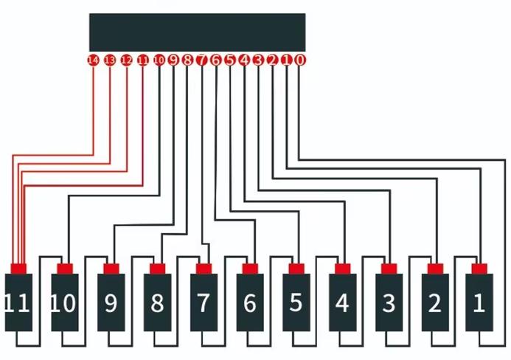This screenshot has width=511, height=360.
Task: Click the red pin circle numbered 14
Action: (94, 60)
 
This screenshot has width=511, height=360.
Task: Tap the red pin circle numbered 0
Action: (299, 60)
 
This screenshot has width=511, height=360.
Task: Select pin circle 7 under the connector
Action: (201, 60)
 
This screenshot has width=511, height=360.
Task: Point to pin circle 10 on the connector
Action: (159, 60)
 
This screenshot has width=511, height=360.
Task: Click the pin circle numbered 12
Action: (126, 60)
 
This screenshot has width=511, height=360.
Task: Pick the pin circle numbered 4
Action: (244, 60)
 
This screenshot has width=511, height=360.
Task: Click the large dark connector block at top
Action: (197, 32)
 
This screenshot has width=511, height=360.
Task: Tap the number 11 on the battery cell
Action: (18, 303)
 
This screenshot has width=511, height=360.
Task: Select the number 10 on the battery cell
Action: (64, 303)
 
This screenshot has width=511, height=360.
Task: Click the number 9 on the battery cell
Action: (111, 303)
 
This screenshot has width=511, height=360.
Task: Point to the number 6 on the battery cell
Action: (250, 303)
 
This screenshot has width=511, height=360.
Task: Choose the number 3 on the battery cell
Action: (389, 303)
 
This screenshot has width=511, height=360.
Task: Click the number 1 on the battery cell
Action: (479, 303)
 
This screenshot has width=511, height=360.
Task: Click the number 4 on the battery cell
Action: (342, 303)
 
